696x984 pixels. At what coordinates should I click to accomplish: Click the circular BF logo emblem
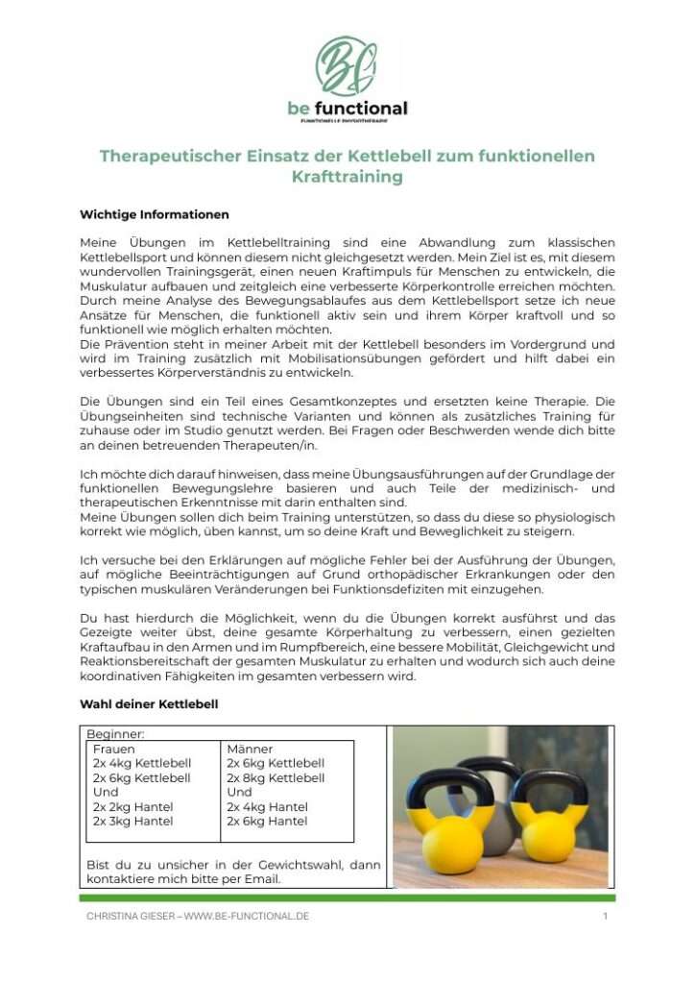point(347,65)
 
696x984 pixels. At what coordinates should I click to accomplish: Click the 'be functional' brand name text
point(348,109)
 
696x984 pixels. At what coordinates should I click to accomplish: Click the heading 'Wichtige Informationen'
point(154,214)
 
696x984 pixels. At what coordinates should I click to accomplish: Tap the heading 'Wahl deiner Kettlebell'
point(148,704)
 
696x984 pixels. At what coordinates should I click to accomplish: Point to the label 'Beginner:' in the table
point(115,733)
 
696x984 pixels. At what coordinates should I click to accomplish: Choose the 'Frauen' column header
point(114,749)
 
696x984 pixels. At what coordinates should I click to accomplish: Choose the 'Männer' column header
point(250,749)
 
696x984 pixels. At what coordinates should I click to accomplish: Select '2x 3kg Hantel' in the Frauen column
point(132,822)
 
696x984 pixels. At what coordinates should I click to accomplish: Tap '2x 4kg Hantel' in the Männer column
point(267,807)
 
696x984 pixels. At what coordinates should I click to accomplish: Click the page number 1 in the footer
point(606,916)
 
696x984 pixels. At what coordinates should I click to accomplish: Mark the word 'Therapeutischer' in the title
point(165,156)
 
